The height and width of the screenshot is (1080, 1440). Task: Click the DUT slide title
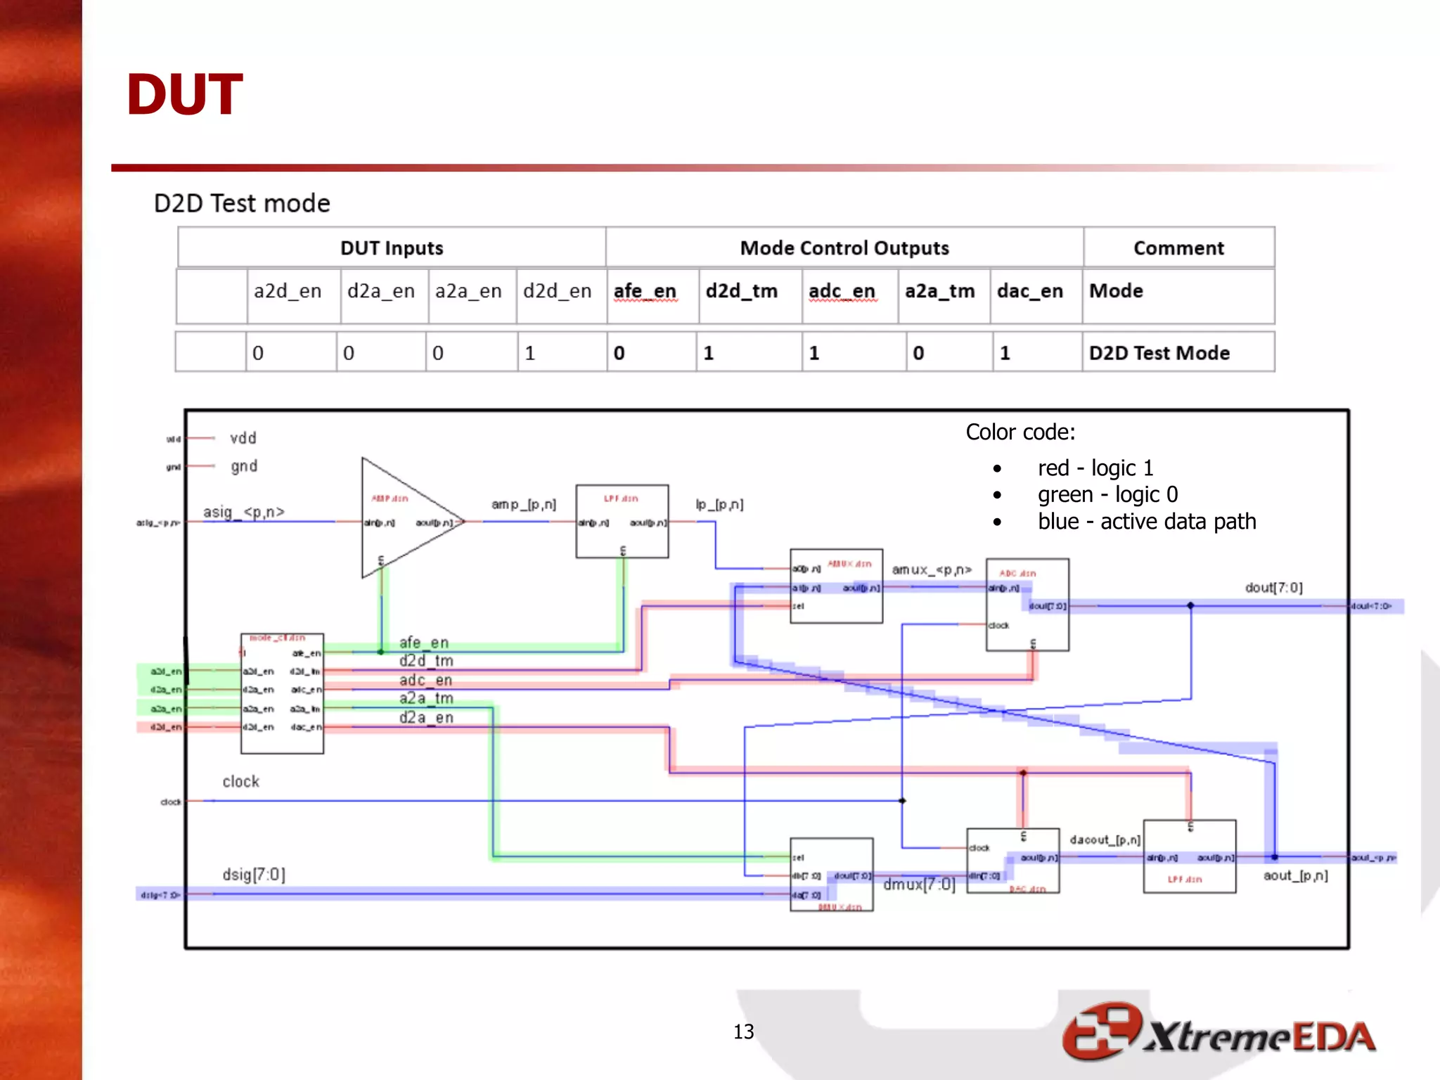[x=184, y=95]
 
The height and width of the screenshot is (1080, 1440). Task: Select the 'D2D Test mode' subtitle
[x=242, y=203]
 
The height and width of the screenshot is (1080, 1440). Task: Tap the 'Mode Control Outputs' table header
[x=844, y=248]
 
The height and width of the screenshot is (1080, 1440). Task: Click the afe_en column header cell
[x=645, y=291]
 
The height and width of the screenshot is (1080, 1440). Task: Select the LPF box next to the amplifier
[x=622, y=521]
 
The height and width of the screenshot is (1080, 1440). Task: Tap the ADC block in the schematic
[x=1027, y=605]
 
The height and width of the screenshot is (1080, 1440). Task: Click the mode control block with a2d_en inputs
[x=282, y=693]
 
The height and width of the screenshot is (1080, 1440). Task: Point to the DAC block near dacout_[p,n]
[x=1012, y=861]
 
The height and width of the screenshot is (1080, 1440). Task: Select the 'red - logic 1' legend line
[x=1095, y=468]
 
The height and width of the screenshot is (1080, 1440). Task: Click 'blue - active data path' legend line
[x=1146, y=522]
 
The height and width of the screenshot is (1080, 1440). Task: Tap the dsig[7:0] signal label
[x=254, y=875]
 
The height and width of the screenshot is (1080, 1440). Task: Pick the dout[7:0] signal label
[x=1273, y=588]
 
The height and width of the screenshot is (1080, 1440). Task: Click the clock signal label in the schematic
[x=240, y=782]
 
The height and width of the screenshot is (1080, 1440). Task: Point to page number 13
[x=743, y=1031]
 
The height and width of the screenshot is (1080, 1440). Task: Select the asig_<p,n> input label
[x=243, y=512]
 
